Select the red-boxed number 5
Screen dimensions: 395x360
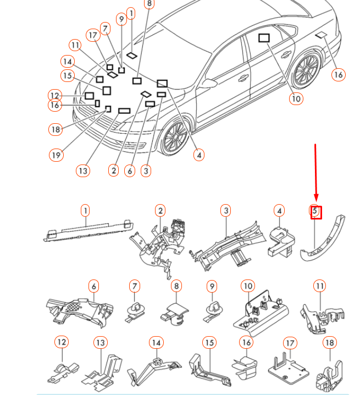[315, 212]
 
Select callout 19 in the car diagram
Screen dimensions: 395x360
[56, 155]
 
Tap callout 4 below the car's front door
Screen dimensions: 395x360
[199, 155]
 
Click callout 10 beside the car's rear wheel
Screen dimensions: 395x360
[296, 98]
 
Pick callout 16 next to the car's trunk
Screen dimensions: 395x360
[339, 74]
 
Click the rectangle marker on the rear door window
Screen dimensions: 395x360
[264, 38]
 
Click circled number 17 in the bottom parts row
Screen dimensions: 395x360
[290, 343]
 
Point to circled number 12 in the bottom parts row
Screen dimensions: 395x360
[62, 342]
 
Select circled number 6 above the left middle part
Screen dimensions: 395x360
[94, 286]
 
